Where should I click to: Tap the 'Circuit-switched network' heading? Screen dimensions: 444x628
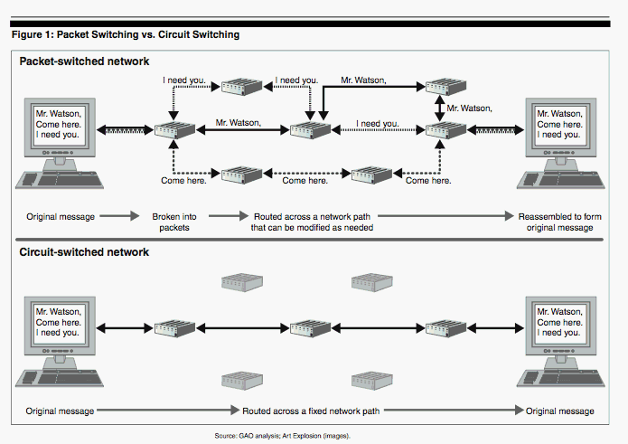click(84, 251)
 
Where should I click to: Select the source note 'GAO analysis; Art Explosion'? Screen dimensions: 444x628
click(281, 436)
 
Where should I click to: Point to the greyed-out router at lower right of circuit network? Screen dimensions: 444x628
click(370, 380)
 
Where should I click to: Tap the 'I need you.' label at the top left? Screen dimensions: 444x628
click(185, 80)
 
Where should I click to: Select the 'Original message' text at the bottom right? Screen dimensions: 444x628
click(560, 411)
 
